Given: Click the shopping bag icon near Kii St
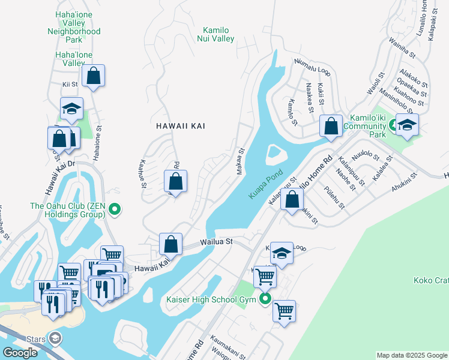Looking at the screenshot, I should tap(93, 76).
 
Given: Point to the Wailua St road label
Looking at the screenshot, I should tap(215, 242).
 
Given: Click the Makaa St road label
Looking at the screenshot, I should tap(241, 160).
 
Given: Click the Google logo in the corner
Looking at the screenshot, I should tap(20, 353).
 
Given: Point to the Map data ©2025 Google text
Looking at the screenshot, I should tap(412, 355).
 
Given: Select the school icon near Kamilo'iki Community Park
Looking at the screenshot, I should tap(408, 125).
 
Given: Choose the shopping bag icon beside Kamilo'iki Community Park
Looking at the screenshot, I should tap(331, 127).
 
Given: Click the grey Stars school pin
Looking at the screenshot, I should tap(55, 339).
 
